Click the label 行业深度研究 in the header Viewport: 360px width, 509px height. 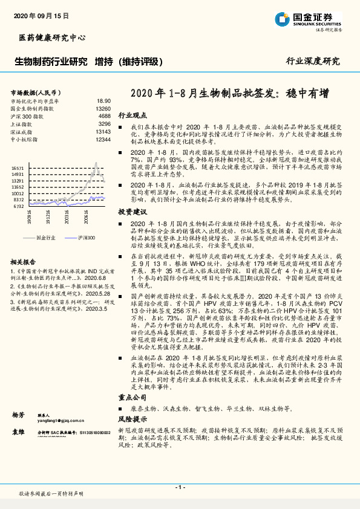313,62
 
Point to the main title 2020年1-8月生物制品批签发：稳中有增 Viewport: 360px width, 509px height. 230,94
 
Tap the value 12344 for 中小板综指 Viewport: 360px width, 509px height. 103,139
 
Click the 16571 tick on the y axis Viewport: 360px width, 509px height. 18,168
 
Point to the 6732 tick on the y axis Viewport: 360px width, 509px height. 19,206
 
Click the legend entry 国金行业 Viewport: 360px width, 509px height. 45,238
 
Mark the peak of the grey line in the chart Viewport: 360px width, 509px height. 96,163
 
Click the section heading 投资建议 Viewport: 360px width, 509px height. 133,212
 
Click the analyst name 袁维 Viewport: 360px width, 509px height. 18,433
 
